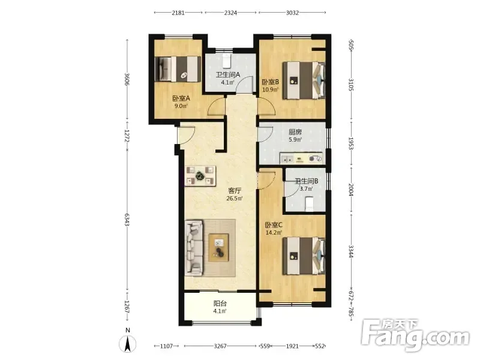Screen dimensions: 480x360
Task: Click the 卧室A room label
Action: [181, 98]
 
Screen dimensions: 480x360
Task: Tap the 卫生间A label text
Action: [228, 74]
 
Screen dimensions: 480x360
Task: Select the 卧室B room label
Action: [271, 82]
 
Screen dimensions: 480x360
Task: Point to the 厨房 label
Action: [295, 132]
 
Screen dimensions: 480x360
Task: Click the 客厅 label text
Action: [235, 191]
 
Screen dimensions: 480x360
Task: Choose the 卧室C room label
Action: [274, 226]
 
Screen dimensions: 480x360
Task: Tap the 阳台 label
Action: [220, 304]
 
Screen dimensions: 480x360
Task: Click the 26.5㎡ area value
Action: [235, 199]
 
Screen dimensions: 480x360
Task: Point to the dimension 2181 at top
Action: [178, 13]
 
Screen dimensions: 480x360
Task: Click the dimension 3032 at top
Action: [292, 13]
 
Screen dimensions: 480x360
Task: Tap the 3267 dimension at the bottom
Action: [220, 346]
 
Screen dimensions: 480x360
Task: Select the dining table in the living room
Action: [200, 176]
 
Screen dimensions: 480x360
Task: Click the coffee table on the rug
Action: [218, 247]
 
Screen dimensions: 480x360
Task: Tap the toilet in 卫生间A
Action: [226, 61]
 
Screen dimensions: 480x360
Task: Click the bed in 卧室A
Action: [178, 69]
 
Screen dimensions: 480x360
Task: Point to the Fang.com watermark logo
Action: [415, 335]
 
